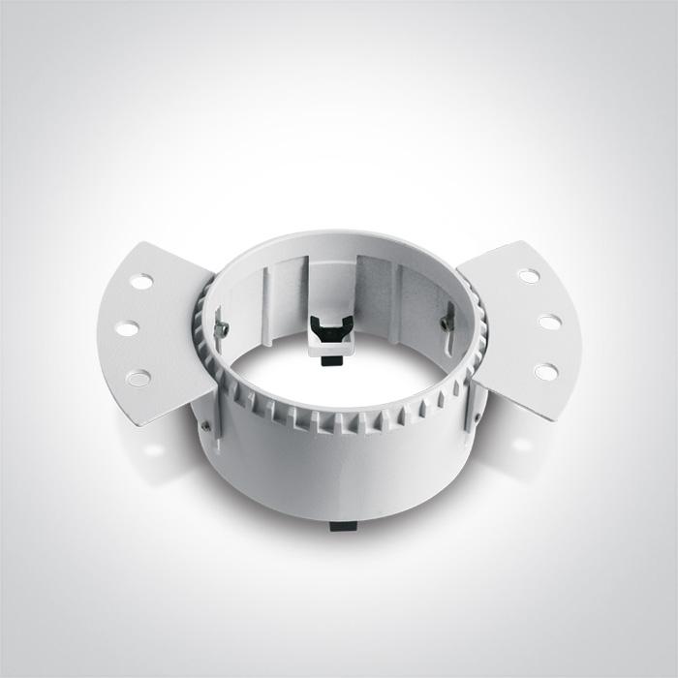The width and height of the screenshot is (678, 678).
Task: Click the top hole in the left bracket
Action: click(141, 282)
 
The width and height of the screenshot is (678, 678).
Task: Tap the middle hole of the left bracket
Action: click(127, 327)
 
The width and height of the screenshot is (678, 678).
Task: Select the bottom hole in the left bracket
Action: click(139, 376)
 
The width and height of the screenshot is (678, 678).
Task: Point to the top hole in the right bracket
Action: click(528, 276)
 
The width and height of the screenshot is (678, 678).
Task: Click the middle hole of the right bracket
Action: click(549, 322)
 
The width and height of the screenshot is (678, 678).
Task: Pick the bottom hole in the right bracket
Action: click(546, 371)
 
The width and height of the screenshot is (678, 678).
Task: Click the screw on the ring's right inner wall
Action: click(447, 321)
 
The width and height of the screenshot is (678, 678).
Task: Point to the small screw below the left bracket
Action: click(205, 422)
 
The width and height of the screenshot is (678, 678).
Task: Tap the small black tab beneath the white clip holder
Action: click(331, 361)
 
